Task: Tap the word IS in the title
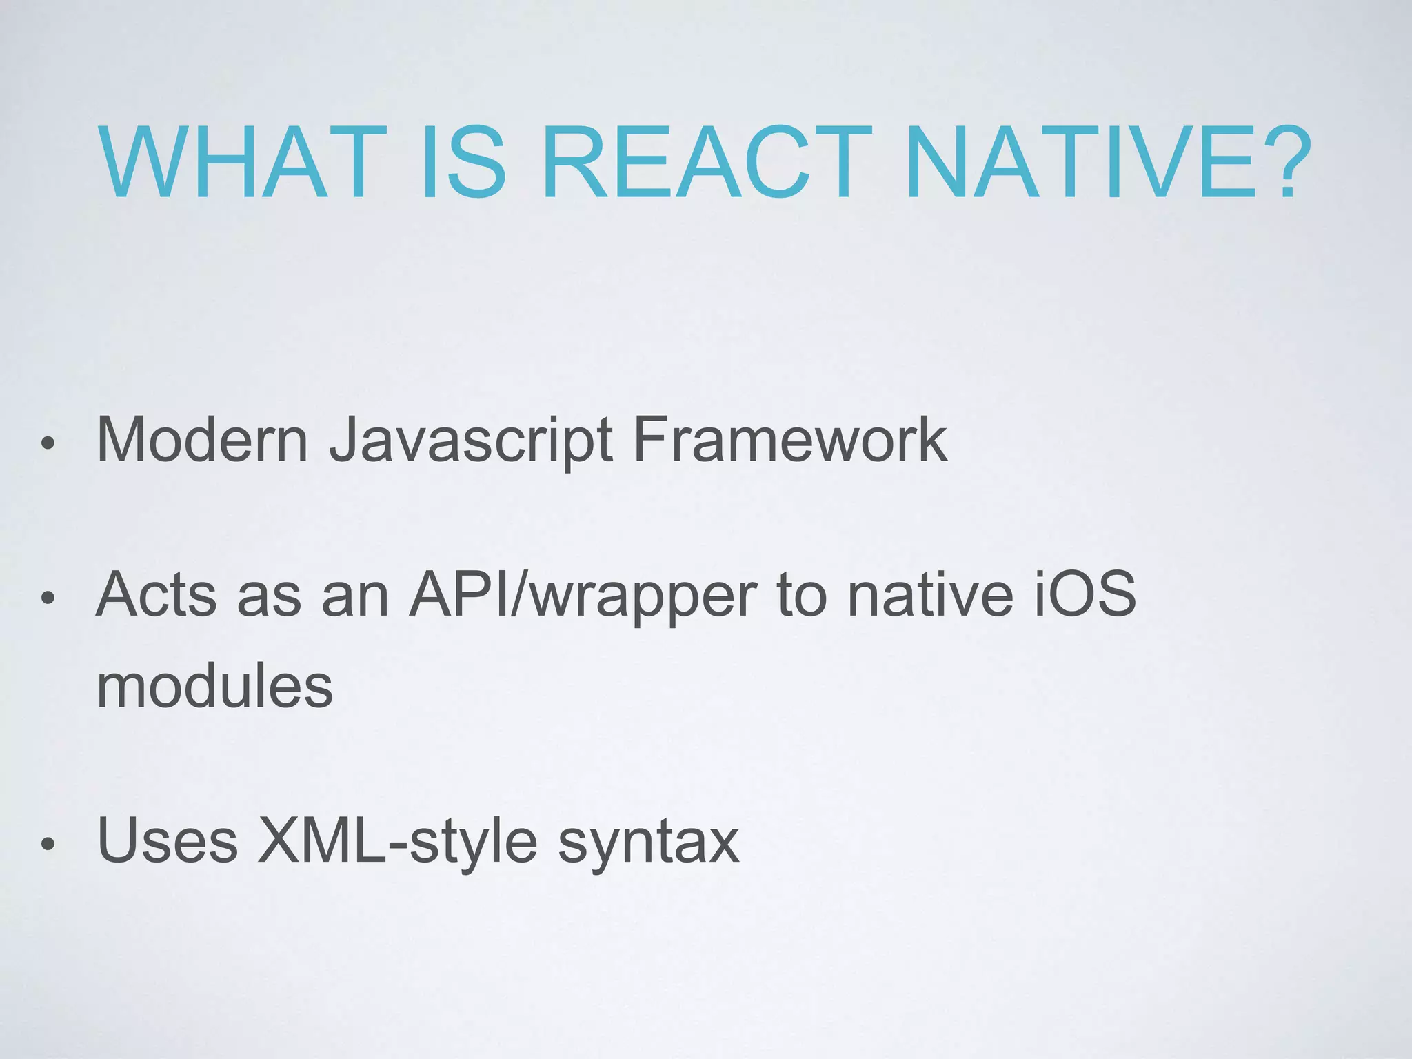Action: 463,163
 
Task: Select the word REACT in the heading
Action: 706,163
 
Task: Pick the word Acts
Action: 157,594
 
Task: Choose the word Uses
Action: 168,841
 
